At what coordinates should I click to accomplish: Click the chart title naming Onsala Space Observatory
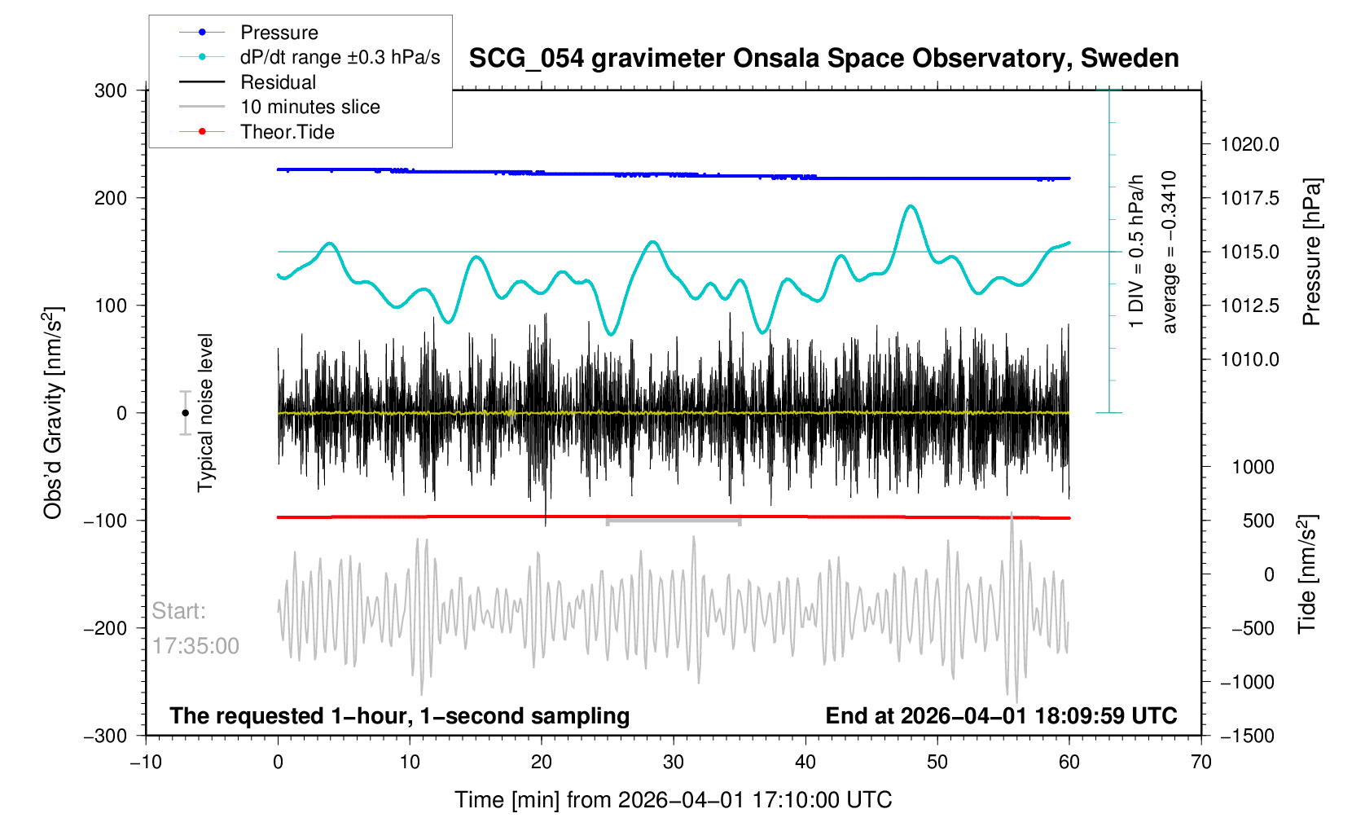point(823,59)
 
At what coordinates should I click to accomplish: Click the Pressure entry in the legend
point(279,33)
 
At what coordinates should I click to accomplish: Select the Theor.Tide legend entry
point(287,132)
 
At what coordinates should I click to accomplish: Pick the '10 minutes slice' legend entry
point(309,107)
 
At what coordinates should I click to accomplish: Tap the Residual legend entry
point(278,82)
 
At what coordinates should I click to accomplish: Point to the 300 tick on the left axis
point(111,90)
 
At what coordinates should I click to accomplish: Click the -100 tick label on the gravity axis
point(106,521)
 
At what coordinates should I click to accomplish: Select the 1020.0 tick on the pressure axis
point(1249,145)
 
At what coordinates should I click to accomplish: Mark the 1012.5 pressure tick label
point(1249,306)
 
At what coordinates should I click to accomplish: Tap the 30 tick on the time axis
point(674,763)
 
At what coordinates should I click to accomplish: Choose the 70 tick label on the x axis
point(1200,763)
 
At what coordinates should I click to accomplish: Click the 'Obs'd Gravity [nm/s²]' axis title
point(53,413)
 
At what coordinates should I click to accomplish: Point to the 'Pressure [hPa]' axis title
point(1310,253)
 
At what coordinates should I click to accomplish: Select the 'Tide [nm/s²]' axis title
point(1306,574)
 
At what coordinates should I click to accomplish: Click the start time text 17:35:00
point(195,646)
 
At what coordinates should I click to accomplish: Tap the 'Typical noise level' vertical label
point(205,412)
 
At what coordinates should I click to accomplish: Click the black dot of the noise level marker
point(186,413)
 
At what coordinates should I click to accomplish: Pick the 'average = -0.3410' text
point(1170,252)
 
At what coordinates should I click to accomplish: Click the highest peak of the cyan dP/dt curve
point(911,206)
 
